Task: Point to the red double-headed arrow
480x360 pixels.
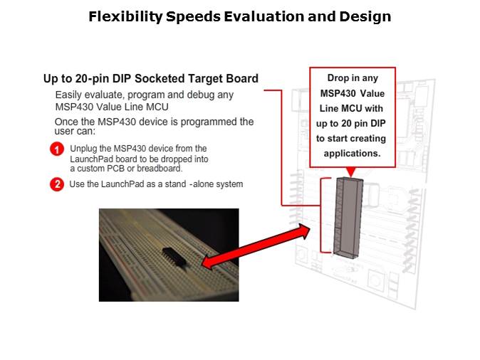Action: (x=257, y=247)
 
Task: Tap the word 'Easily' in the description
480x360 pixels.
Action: (x=71, y=95)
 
